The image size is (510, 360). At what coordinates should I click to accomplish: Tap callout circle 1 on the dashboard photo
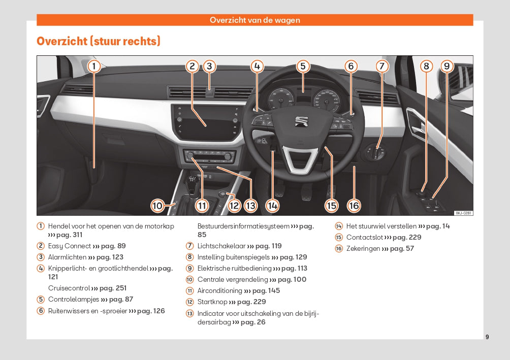[94, 66]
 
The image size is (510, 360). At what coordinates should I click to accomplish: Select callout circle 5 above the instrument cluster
[303, 66]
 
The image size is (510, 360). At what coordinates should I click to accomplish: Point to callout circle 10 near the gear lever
[157, 206]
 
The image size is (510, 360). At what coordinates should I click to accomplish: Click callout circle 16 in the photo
[354, 206]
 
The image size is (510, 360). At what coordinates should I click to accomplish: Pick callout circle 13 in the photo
[250, 206]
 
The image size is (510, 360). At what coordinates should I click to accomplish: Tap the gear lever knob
[192, 180]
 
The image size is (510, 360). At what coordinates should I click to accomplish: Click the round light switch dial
[376, 151]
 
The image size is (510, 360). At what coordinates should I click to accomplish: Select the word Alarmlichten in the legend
[67, 257]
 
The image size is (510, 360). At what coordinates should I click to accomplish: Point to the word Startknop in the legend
[212, 302]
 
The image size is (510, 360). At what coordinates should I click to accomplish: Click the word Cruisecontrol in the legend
[69, 288]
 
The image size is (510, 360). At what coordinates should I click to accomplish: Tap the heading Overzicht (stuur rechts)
[99, 42]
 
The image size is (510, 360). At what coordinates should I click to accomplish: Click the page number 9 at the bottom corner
[487, 337]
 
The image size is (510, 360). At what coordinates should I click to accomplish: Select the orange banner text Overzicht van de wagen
[255, 20]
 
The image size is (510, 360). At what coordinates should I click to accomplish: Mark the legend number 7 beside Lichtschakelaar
[189, 246]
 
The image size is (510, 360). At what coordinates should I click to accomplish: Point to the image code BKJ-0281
[463, 213]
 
